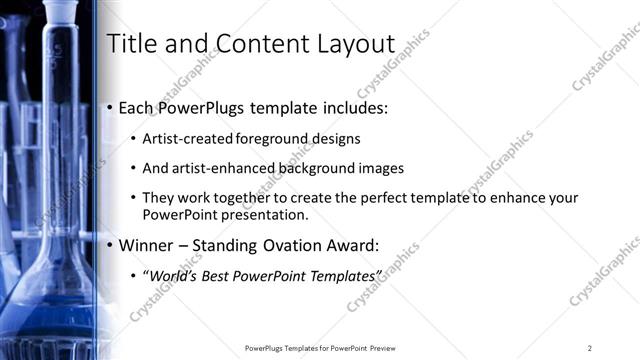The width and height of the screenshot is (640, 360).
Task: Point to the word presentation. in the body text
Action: (261, 215)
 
